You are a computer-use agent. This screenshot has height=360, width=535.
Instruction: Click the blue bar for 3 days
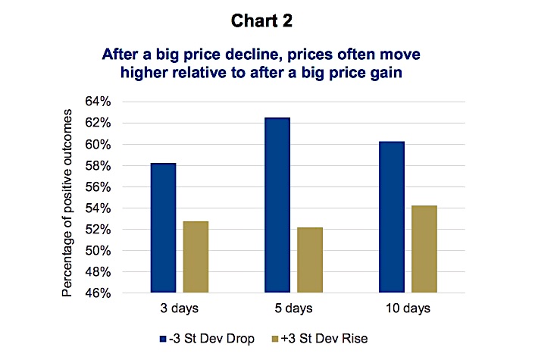tap(164, 227)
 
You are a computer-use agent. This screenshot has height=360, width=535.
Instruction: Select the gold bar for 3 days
tap(196, 257)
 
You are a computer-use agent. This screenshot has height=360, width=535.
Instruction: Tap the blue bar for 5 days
tap(277, 205)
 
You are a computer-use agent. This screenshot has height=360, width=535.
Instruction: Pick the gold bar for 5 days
tap(310, 260)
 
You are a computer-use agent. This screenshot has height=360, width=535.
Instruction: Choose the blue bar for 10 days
tap(392, 217)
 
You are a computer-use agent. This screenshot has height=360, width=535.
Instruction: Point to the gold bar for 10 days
tap(424, 249)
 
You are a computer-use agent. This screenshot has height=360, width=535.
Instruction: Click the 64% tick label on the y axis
tap(98, 102)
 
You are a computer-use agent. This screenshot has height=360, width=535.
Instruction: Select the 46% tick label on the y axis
tap(98, 293)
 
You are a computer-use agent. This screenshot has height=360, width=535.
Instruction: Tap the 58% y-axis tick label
tap(98, 166)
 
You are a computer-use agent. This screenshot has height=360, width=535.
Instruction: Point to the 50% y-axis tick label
tap(98, 251)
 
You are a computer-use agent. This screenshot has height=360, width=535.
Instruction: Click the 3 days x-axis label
tap(180, 308)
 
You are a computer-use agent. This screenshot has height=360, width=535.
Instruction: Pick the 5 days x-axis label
tap(293, 308)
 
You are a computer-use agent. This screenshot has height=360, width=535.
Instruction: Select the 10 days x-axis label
tap(408, 308)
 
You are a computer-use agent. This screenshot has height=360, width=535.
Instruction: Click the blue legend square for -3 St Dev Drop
tap(163, 339)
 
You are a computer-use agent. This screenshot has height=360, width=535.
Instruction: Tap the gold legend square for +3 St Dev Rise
tap(274, 339)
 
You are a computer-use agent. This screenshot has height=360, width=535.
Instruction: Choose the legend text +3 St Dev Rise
tap(324, 339)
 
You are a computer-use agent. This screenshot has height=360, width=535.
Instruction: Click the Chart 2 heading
tap(261, 20)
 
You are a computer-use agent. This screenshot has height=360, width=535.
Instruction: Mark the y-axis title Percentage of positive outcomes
tap(67, 202)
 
